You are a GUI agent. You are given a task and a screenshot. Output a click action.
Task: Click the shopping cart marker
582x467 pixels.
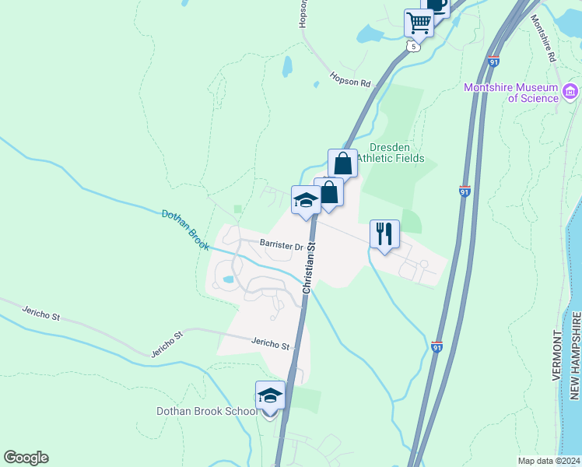[419, 23]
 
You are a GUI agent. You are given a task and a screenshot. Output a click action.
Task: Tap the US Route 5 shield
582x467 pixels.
[413, 47]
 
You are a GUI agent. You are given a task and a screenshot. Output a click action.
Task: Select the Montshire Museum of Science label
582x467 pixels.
[511, 93]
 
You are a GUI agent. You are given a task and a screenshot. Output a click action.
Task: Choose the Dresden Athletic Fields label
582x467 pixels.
[397, 153]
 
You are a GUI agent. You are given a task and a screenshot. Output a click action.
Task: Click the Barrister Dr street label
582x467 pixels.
[282, 246]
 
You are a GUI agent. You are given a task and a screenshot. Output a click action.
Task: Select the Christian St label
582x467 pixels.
[310, 265]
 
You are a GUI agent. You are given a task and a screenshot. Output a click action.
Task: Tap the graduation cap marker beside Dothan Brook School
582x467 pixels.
[270, 395]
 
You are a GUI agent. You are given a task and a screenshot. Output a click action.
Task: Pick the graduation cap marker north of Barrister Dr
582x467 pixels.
[306, 201]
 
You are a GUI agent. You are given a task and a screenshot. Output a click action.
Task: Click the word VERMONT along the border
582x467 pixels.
[557, 355]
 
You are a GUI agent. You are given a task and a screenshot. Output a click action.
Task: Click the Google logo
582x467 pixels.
[26, 458]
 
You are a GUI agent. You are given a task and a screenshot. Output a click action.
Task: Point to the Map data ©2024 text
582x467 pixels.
[549, 461]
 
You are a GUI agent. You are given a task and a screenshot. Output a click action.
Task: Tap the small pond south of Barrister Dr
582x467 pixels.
[228, 279]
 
